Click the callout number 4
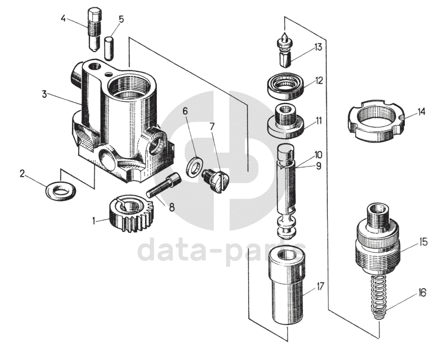point(63,18)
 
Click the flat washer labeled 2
point(61,190)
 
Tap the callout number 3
point(44,94)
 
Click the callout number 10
point(318,154)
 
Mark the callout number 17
point(320,287)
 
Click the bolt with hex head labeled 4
point(95,27)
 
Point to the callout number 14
point(421,112)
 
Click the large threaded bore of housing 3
point(132,88)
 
